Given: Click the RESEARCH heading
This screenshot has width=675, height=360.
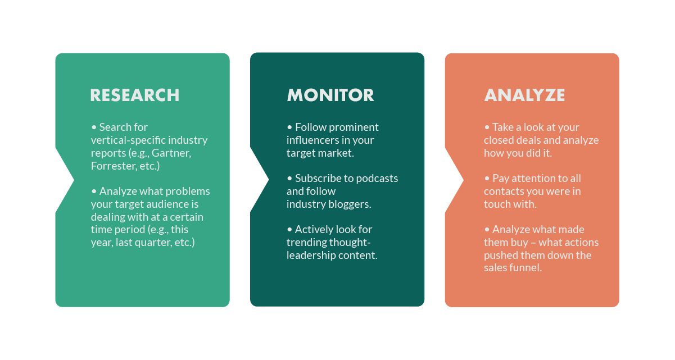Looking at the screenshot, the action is tap(135, 95).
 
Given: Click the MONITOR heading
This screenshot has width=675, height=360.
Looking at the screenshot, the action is tap(330, 95).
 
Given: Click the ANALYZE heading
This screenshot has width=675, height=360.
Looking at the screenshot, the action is tap(524, 95).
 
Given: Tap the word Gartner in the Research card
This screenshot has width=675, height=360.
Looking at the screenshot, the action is tap(171, 153).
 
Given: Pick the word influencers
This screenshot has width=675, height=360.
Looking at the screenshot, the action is tap(311, 140).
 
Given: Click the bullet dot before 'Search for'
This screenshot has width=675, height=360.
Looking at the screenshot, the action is tap(94, 127).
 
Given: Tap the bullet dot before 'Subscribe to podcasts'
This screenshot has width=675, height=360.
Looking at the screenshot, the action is tap(289, 179).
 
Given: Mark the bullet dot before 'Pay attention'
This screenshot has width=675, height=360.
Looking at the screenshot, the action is tap(487, 179).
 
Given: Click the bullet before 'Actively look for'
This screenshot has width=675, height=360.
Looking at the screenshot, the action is tap(289, 230).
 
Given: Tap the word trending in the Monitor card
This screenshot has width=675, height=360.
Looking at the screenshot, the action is tap(306, 242).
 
